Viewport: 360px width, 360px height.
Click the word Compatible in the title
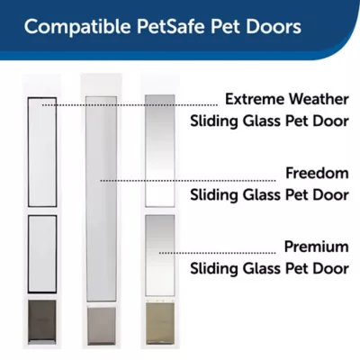pyautogui.click(x=71, y=26)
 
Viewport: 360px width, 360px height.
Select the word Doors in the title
pyautogui.click(x=273, y=26)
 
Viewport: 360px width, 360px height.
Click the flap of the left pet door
pyautogui.click(x=39, y=319)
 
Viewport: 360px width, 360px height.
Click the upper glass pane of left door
pyautogui.click(x=39, y=148)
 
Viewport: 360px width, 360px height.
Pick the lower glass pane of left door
pyautogui.click(x=39, y=254)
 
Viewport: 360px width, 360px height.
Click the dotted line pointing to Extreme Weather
pyautogui.click(x=135, y=104)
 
